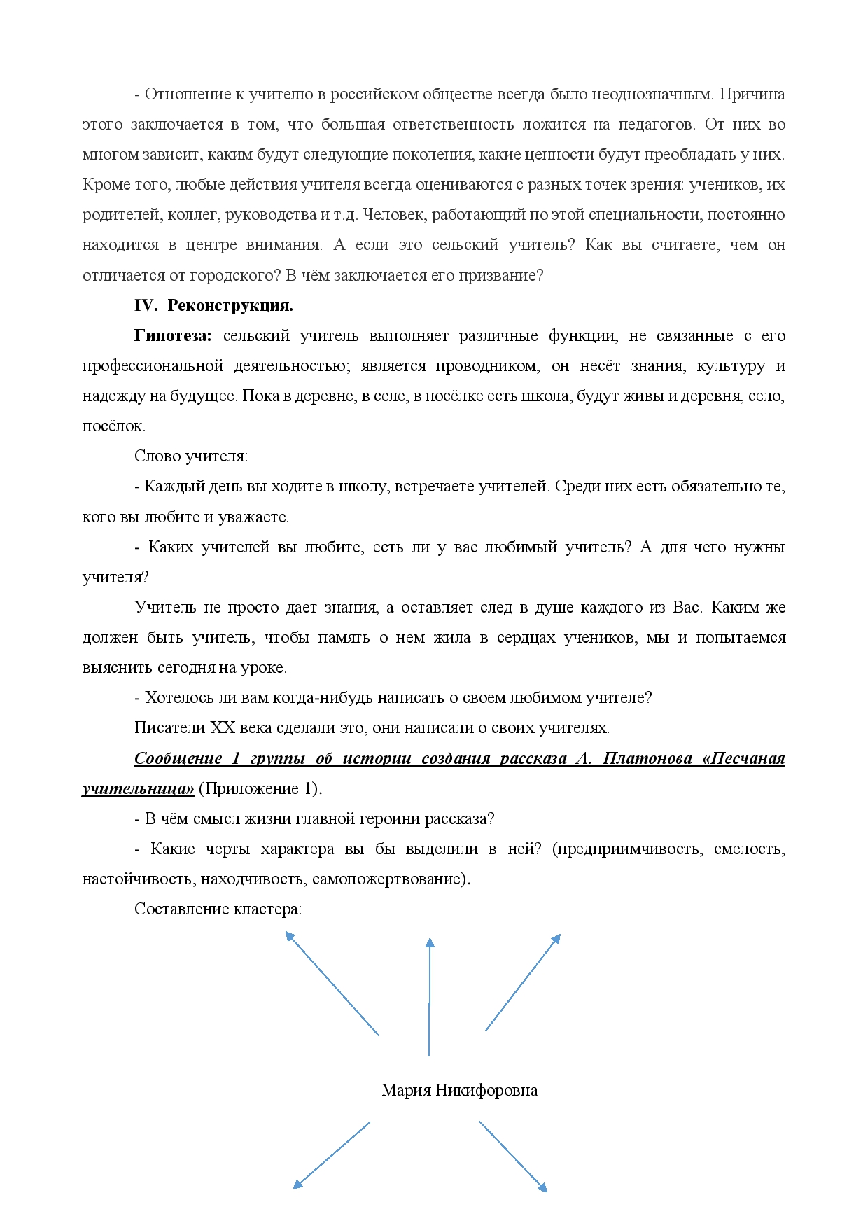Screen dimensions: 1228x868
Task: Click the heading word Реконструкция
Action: [230, 306]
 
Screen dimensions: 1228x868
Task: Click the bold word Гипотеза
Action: [172, 336]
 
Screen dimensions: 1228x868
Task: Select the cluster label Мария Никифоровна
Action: [459, 1090]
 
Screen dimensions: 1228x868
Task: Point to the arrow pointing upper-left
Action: [332, 983]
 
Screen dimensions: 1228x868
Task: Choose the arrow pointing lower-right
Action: [512, 1156]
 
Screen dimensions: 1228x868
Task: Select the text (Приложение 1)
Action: [260, 789]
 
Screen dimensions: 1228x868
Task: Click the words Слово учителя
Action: [190, 456]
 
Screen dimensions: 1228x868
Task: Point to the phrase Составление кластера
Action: [218, 909]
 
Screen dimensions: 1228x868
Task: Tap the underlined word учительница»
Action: [138, 789]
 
